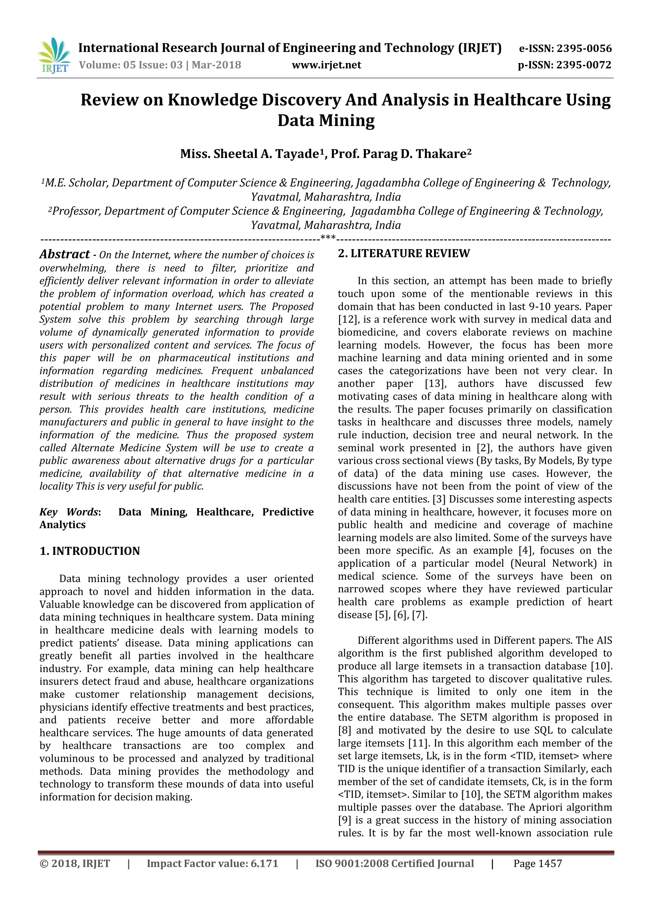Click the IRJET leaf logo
pos(54,55)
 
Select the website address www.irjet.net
pos(326,65)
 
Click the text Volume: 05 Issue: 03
pos(131,65)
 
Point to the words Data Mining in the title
pos(326,120)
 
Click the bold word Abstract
pos(65,254)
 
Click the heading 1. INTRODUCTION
pos(90,551)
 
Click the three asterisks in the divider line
pos(328,238)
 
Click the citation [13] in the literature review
pos(435,384)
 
